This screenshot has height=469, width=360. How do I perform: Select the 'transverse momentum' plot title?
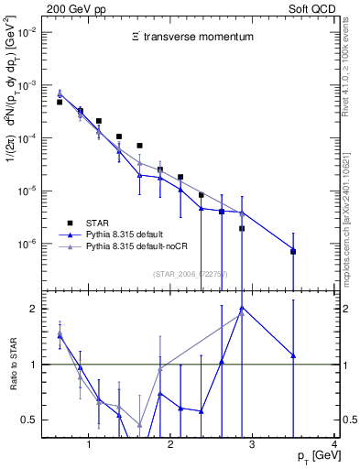191,38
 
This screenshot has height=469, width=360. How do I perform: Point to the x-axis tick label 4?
334,445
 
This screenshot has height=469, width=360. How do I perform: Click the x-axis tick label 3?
253,445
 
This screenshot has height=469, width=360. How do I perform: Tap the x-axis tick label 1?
88,445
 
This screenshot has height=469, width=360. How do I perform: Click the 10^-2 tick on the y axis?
29,32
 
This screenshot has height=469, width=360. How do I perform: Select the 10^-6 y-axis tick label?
29,245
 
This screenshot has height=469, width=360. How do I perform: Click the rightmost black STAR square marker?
293,250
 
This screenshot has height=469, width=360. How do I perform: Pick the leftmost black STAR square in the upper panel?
60,103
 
